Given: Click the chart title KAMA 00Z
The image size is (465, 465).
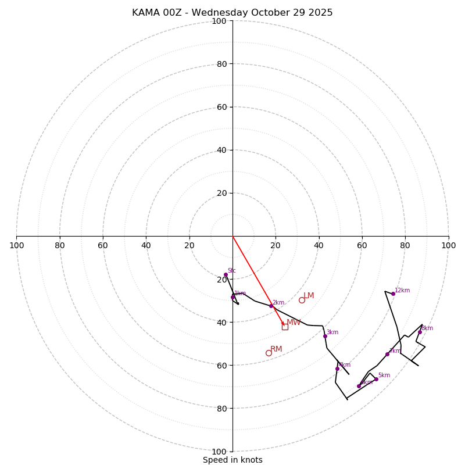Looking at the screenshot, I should click(232, 13).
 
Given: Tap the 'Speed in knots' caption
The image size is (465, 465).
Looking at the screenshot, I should click(233, 460).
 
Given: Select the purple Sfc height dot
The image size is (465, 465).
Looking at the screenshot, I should click(226, 275).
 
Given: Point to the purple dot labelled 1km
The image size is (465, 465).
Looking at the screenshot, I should click(233, 297).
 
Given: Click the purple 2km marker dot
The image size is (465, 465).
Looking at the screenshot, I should click(271, 306).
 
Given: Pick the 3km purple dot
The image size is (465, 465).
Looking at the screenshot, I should click(325, 336).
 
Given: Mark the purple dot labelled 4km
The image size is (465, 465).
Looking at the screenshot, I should click(337, 369).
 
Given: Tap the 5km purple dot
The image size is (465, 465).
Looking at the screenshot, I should click(376, 379).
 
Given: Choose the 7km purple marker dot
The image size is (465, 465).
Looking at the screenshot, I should click(387, 354).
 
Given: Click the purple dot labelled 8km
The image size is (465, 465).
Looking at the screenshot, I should click(420, 332).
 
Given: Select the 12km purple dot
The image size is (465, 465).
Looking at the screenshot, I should click(393, 294).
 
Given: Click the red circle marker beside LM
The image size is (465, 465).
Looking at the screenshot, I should click(302, 300).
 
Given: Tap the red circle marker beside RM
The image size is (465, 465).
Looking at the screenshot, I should click(269, 353).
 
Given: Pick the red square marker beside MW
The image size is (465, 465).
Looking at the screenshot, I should click(285, 327).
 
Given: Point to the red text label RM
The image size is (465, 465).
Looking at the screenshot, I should click(276, 349).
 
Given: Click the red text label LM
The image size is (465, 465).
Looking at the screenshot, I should click(309, 296).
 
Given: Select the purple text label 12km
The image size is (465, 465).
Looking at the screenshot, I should click(402, 291).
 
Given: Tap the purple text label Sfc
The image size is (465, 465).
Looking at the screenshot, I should click(231, 271).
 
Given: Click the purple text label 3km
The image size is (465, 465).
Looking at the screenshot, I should click(332, 332).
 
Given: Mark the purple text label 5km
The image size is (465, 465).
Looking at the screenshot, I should click(384, 375).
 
